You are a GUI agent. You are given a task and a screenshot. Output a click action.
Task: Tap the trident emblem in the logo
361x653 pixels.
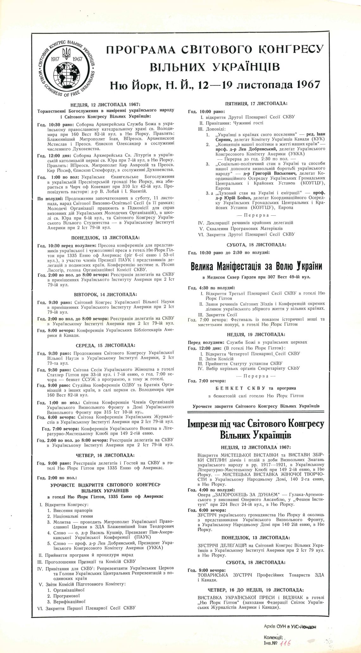(66, 53)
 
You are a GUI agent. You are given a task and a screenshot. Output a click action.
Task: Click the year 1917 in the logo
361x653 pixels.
(56, 59)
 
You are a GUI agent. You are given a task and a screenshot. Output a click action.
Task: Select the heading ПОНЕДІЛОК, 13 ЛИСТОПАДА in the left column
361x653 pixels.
(105, 237)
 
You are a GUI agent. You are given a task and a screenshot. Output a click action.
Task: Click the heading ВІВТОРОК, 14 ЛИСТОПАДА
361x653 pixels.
(105, 294)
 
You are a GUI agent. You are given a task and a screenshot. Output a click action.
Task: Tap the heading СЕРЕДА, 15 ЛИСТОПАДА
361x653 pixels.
(105, 345)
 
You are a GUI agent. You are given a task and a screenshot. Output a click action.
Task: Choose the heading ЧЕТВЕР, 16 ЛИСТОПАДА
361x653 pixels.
(105, 455)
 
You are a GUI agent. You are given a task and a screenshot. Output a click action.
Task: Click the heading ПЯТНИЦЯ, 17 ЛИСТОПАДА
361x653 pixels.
(256, 103)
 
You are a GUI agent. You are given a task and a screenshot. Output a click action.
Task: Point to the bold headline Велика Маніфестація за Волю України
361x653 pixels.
(256, 266)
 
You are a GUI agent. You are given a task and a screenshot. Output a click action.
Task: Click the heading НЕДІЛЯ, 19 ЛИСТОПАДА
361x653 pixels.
(256, 334)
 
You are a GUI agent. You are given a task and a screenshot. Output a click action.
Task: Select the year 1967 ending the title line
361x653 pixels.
(309, 85)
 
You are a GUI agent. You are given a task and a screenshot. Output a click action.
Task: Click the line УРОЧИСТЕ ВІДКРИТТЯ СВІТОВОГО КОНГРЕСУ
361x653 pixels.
(104, 485)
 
